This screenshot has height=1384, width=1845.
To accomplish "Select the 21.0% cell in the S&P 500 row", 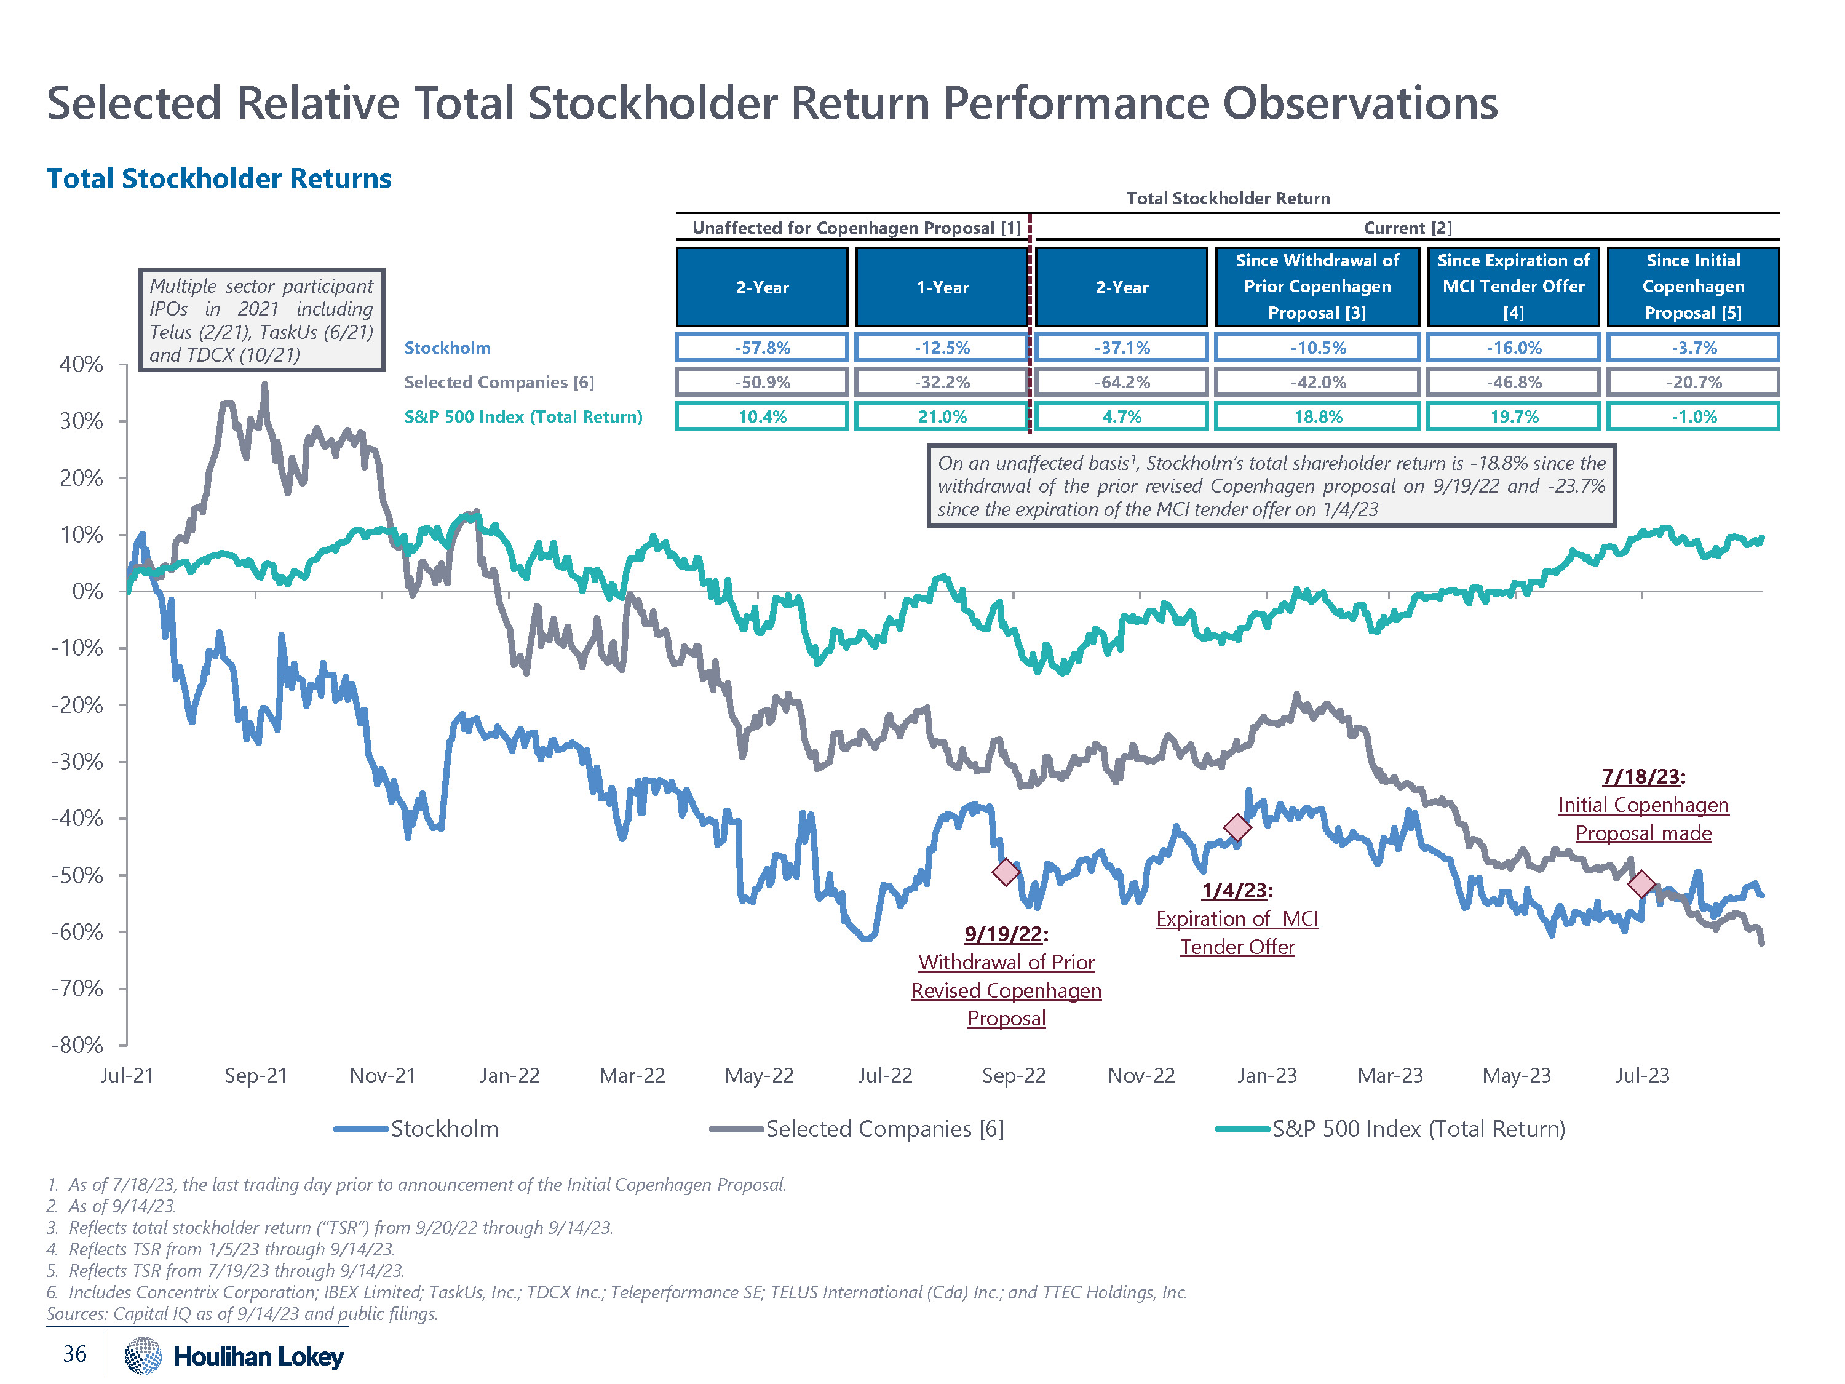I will point(942,416).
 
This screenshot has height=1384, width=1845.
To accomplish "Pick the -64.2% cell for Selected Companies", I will point(1121,382).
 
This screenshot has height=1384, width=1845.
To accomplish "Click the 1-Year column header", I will point(942,287).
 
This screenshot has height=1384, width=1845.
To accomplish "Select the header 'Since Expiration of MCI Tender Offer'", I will point(1513,286).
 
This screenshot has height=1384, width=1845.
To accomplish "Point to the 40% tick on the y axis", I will point(81,365).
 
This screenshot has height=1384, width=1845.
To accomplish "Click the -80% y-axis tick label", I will point(77,1045).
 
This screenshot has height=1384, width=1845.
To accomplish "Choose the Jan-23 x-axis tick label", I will point(1266,1075).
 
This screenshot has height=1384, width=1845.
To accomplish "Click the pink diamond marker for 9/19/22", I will point(1006,872).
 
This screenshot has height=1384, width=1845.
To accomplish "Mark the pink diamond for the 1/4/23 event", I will point(1237,827).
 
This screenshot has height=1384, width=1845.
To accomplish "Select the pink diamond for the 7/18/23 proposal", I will point(1641,883).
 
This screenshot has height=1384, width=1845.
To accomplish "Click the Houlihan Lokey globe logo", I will point(143,1356).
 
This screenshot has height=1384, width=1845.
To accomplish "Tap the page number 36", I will point(74,1354).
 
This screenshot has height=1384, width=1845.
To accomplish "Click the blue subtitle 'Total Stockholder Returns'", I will point(218,178).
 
